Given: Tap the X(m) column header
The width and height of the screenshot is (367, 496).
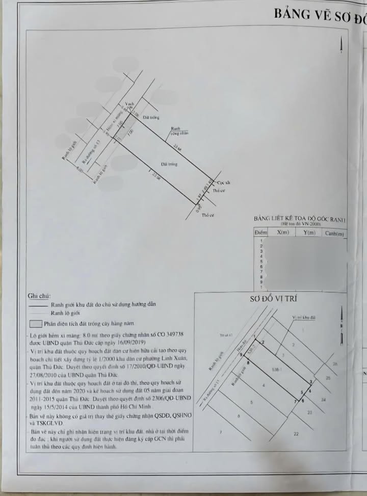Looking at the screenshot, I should point(283,232).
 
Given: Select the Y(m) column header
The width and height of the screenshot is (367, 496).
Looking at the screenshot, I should point(309,232).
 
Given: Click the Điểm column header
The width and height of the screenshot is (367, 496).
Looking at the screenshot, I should point(261,232).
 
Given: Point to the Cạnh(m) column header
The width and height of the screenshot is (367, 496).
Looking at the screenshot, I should point(334,233).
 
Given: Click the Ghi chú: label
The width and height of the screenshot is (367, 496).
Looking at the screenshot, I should point(39,296).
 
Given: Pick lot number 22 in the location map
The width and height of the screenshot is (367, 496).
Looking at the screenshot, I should point(296,433).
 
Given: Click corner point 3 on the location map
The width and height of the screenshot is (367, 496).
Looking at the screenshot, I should point(311,382).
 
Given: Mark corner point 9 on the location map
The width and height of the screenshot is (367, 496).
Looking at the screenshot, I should point(241,355).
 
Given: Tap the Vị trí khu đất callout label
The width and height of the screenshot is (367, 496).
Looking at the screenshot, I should point(304,318).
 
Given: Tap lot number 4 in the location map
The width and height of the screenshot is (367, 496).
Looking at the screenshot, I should point(264,386).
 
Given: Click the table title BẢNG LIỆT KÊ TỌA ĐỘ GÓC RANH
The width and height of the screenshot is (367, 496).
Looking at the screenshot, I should point(299,219).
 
